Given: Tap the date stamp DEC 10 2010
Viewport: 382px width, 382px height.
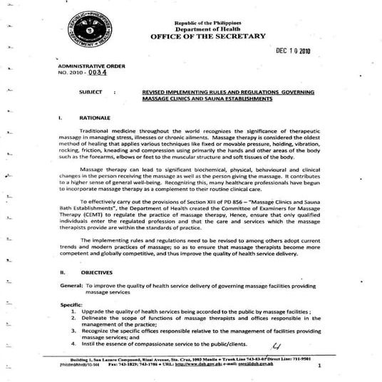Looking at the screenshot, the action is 294,52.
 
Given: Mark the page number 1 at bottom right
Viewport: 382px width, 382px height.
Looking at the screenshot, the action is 320,366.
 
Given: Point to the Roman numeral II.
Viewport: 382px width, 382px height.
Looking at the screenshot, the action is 63,272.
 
